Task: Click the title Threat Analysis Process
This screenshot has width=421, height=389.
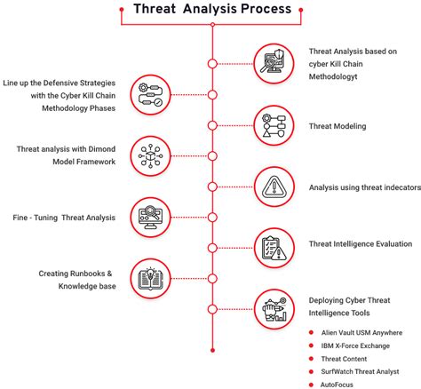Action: tap(211, 10)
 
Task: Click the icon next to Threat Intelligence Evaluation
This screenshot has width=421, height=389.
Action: tap(274, 247)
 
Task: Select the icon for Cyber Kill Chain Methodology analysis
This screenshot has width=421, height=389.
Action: tap(274, 63)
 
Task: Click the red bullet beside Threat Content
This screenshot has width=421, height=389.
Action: tap(310, 359)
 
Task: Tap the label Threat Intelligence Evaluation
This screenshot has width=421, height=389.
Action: tap(361, 242)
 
